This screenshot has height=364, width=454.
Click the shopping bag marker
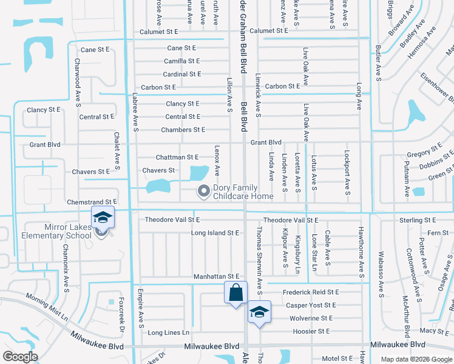(x=235, y=293)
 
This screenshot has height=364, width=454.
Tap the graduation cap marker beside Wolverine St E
(x=259, y=312)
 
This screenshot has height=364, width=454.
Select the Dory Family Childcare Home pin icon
(x=203, y=192)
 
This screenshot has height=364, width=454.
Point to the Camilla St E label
(x=181, y=61)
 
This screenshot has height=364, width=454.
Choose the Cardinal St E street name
(x=182, y=74)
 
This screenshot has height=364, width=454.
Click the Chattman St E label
(x=177, y=157)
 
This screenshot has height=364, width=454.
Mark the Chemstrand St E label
(x=92, y=201)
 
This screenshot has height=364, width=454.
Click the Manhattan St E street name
(x=217, y=277)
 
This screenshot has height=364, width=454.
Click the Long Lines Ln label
(x=169, y=332)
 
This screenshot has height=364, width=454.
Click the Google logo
(x=20, y=357)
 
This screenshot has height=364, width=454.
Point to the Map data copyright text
(x=416, y=360)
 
